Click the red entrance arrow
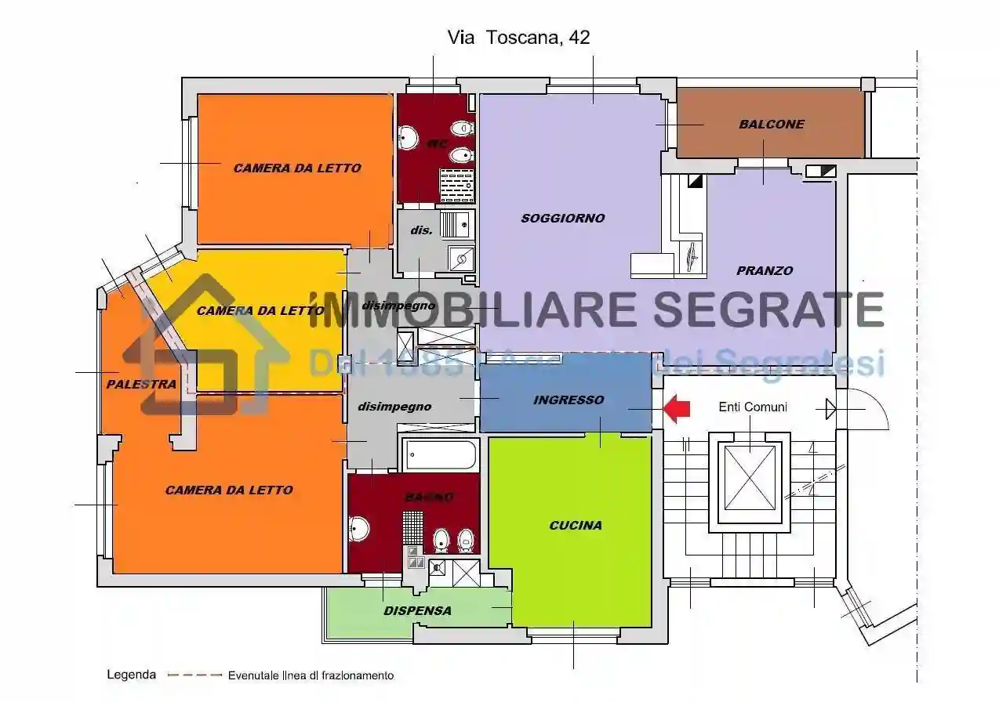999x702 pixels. pyautogui.click(x=677, y=407)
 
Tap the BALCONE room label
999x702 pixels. pyautogui.click(x=771, y=124)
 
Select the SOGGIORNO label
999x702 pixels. pyautogui.click(x=563, y=219)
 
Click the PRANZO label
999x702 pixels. pyautogui.click(x=764, y=270)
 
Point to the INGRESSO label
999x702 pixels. pyautogui.click(x=569, y=400)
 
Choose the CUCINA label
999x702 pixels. pyautogui.click(x=576, y=525)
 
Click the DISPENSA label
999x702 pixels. pyautogui.click(x=417, y=610)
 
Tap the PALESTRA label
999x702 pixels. pyautogui.click(x=141, y=384)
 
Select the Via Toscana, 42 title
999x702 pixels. pyautogui.click(x=518, y=37)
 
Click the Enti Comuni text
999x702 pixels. pyautogui.click(x=753, y=407)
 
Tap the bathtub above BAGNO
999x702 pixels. pyautogui.click(x=441, y=454)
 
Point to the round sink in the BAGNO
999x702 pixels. pyautogui.click(x=358, y=530)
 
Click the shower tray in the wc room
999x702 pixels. pyautogui.click(x=456, y=185)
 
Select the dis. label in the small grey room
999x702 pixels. pyautogui.click(x=422, y=230)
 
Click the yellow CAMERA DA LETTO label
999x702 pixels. pyautogui.click(x=260, y=310)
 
